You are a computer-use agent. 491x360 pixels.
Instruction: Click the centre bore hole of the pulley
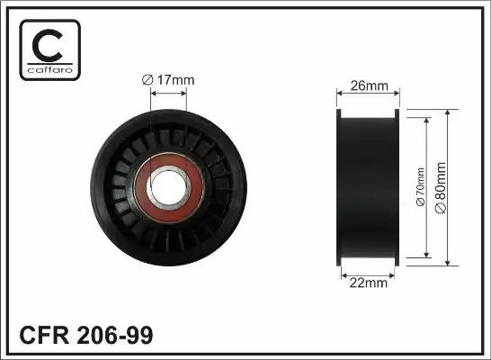click(x=168, y=187)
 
